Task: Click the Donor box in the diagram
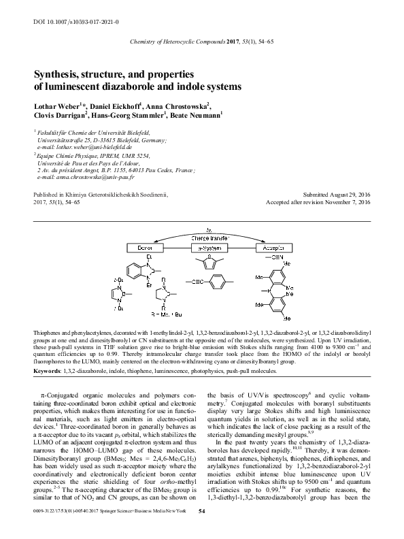pos(144,248)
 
